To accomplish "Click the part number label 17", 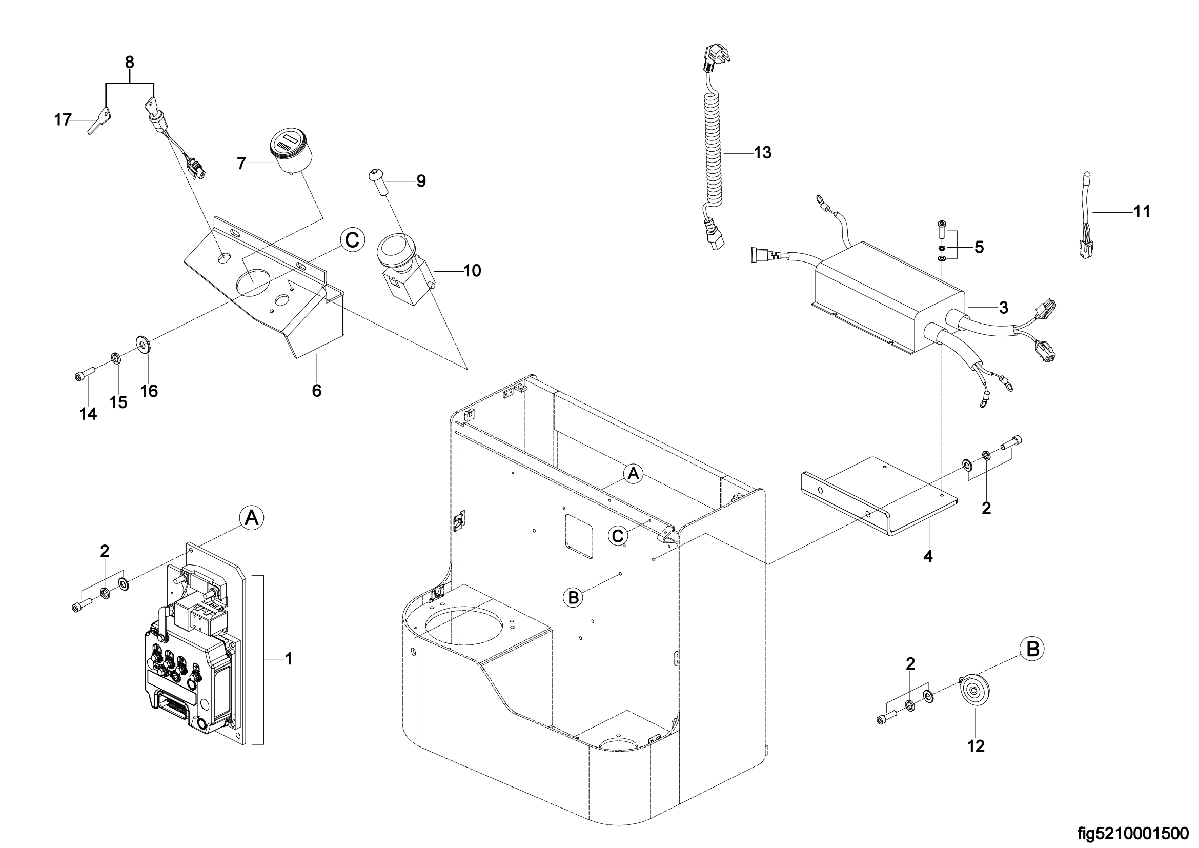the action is click(x=62, y=120).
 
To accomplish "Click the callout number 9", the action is click(x=421, y=181).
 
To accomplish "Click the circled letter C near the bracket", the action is click(x=352, y=240).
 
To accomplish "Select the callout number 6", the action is click(x=317, y=391).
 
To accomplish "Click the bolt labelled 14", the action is click(x=83, y=374).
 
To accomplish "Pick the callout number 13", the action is click(x=762, y=153).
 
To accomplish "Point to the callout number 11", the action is click(x=1142, y=212).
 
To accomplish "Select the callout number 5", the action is click(x=979, y=247).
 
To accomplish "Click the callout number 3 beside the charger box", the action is click(x=1003, y=308).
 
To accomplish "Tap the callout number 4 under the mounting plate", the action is click(x=928, y=557).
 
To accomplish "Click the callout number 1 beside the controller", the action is click(x=288, y=659).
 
